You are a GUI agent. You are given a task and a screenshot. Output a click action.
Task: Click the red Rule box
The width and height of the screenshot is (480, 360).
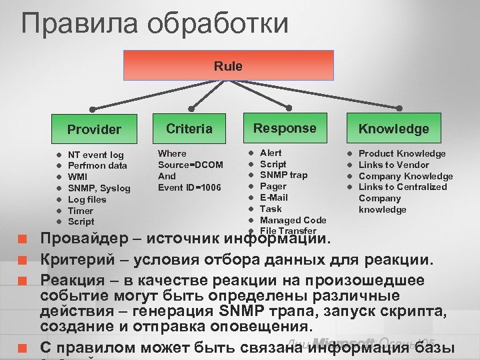228,66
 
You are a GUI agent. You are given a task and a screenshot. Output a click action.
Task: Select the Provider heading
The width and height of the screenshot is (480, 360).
94,129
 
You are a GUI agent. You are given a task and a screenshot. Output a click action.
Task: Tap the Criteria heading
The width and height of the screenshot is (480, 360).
189,128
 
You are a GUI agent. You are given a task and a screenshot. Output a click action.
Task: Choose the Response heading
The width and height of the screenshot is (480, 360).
285,128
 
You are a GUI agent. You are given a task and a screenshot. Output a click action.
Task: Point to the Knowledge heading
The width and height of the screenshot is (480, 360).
394,129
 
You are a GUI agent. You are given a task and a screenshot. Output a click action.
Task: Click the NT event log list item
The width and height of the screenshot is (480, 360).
96,155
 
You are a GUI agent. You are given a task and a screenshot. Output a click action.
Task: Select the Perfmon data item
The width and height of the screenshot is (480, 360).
97,166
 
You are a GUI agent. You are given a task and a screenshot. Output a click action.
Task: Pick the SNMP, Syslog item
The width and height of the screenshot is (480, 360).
99,189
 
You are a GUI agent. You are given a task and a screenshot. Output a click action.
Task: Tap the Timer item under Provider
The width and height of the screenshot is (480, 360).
81,211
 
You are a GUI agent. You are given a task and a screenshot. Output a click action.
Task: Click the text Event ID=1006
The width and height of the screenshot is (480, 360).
189,187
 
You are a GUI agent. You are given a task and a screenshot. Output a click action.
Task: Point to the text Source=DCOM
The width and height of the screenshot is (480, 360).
190,165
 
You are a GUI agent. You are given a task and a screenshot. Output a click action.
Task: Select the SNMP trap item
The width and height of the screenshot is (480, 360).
283,175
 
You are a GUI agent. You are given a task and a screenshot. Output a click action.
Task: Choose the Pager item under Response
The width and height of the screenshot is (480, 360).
273,187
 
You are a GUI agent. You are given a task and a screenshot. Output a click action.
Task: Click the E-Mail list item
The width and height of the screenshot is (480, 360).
273,197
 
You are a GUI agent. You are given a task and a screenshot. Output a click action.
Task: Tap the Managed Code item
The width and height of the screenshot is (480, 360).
293,220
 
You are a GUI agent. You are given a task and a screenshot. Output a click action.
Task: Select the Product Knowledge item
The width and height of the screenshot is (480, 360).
402,154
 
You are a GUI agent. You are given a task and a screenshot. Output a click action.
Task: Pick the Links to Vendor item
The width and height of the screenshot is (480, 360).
393,165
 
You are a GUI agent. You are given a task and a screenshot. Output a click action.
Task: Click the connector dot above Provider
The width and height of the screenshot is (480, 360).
93,109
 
